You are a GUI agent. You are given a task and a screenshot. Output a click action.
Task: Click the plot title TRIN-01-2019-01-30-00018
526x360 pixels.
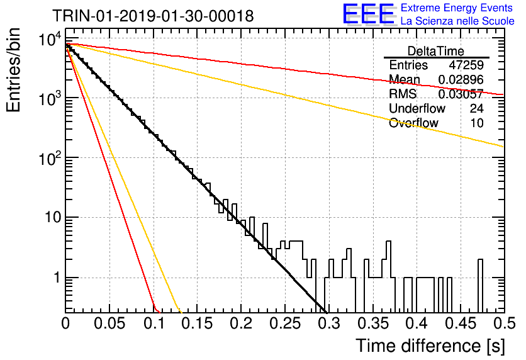point(153,16)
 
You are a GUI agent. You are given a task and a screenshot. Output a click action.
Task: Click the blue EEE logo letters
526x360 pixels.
point(368,14)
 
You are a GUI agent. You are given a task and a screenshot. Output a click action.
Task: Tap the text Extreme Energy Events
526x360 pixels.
point(457,8)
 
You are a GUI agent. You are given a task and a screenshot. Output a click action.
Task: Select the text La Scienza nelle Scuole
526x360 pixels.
point(457,21)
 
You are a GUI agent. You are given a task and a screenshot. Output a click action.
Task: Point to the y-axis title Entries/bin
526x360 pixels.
point(13,70)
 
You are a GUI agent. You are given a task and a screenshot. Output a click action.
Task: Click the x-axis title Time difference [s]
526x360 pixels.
point(430,346)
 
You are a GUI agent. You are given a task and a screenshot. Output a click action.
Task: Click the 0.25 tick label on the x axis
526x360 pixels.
point(285,323)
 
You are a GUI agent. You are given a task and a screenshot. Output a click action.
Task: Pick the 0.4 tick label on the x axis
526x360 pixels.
point(417,323)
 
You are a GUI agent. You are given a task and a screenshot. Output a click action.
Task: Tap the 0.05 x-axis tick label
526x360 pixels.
point(109,323)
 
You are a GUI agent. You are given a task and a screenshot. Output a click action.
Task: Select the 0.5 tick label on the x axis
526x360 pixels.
point(504,323)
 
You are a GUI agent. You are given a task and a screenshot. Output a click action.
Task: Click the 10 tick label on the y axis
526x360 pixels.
point(53,217)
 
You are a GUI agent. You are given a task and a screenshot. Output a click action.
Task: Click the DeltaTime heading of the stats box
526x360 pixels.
point(436,51)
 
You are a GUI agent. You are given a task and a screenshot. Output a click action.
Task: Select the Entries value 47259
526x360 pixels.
point(466,65)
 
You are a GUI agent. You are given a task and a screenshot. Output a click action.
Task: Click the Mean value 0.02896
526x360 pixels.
point(461,79)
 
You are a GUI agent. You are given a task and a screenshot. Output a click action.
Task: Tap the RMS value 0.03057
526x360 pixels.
point(461,94)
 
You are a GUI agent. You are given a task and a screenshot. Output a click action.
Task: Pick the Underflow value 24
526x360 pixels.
point(477,108)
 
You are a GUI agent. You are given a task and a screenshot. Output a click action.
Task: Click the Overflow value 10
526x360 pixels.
point(477,123)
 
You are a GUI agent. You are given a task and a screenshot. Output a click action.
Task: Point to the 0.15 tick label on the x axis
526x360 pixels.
point(198,323)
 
